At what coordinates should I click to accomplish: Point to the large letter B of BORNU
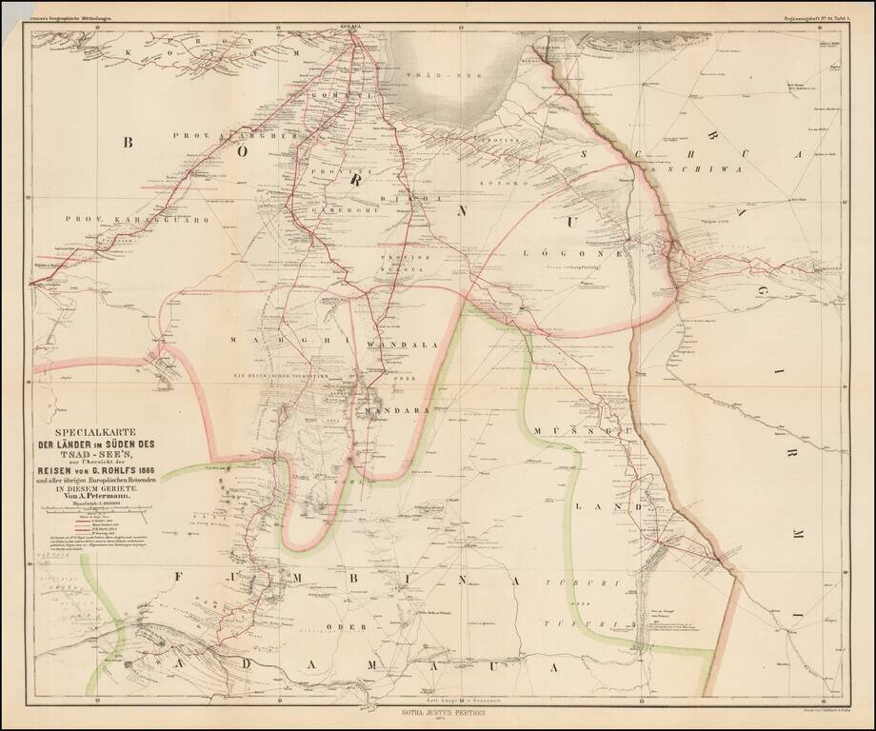coord(130,143)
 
